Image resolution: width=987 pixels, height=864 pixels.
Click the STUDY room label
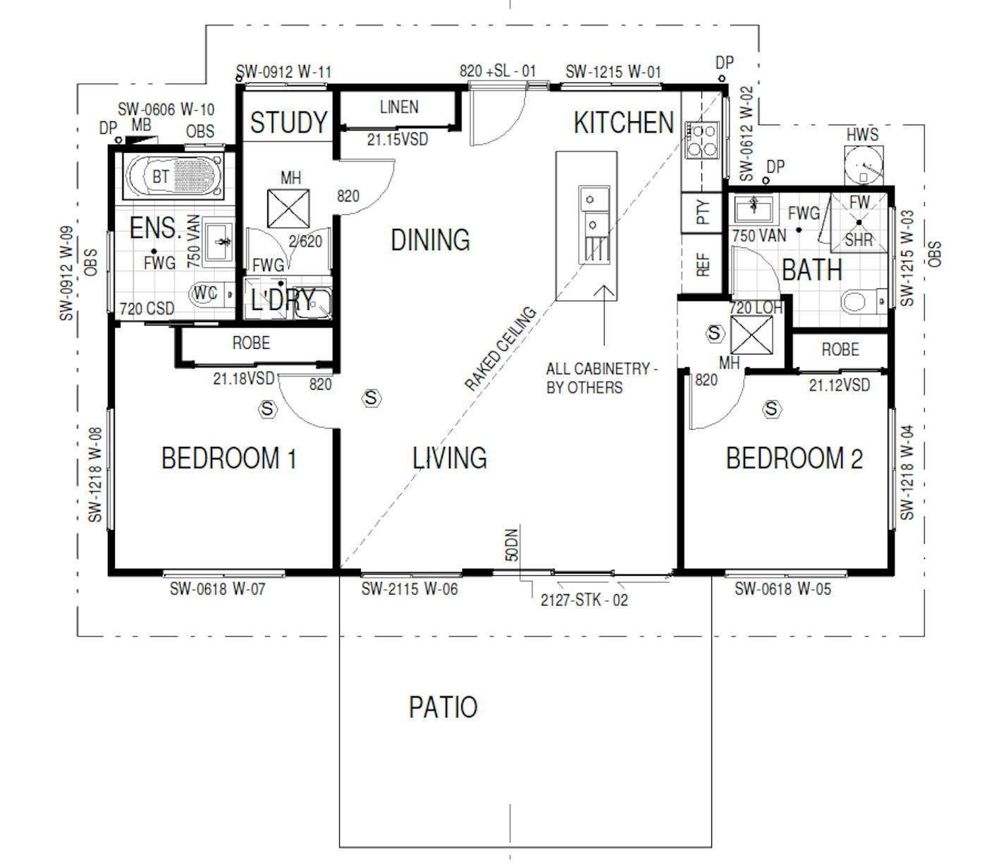288,122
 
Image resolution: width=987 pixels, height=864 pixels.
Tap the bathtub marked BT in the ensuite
173,176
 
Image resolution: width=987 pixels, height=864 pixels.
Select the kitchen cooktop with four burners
701,140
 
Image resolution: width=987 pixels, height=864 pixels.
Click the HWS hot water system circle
864,164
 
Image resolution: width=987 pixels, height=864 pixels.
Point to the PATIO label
443,708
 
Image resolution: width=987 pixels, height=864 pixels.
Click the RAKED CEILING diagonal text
501,348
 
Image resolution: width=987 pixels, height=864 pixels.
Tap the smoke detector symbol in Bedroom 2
771,409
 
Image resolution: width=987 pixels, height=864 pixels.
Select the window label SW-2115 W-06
410,588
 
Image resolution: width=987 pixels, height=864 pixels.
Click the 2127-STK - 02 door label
584,600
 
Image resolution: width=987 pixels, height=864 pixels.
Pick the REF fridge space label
704,264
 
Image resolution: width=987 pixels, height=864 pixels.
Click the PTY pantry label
704,211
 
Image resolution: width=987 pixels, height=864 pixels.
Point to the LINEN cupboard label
399,107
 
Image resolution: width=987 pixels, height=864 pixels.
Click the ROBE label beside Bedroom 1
251,342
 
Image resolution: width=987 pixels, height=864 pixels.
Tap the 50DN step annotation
512,545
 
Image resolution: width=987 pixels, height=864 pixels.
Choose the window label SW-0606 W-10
166,109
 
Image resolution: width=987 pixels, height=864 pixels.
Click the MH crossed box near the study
288,209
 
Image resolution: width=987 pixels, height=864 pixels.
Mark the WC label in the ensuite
205,292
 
